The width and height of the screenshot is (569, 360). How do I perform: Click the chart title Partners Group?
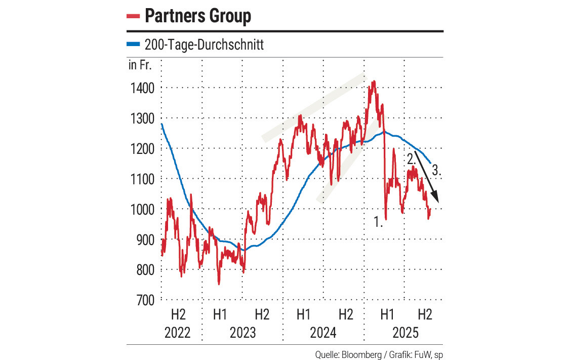pyautogui.click(x=198, y=16)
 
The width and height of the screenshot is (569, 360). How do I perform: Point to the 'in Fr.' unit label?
pyautogui.click(x=140, y=65)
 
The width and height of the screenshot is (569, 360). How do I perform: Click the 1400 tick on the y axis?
pyautogui.click(x=141, y=89)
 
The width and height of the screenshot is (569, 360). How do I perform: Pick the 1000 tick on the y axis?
pyautogui.click(x=141, y=209)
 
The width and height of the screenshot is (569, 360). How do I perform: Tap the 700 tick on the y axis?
pyautogui.click(x=144, y=300)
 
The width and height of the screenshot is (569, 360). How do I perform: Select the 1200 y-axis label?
pyautogui.click(x=141, y=149)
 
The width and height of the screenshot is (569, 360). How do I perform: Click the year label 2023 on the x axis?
pyautogui.click(x=242, y=333)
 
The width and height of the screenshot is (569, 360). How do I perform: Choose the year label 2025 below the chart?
pyautogui.click(x=406, y=333)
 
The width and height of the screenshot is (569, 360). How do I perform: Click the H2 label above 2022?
pyautogui.click(x=178, y=315)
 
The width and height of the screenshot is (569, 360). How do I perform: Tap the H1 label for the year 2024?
pyautogui.click(x=303, y=315)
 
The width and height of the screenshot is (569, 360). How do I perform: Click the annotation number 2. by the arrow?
pyautogui.click(x=411, y=158)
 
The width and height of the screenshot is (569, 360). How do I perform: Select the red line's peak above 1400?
pyautogui.click(x=374, y=81)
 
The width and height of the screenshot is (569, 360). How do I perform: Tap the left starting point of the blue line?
pyautogui.click(x=161, y=124)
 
